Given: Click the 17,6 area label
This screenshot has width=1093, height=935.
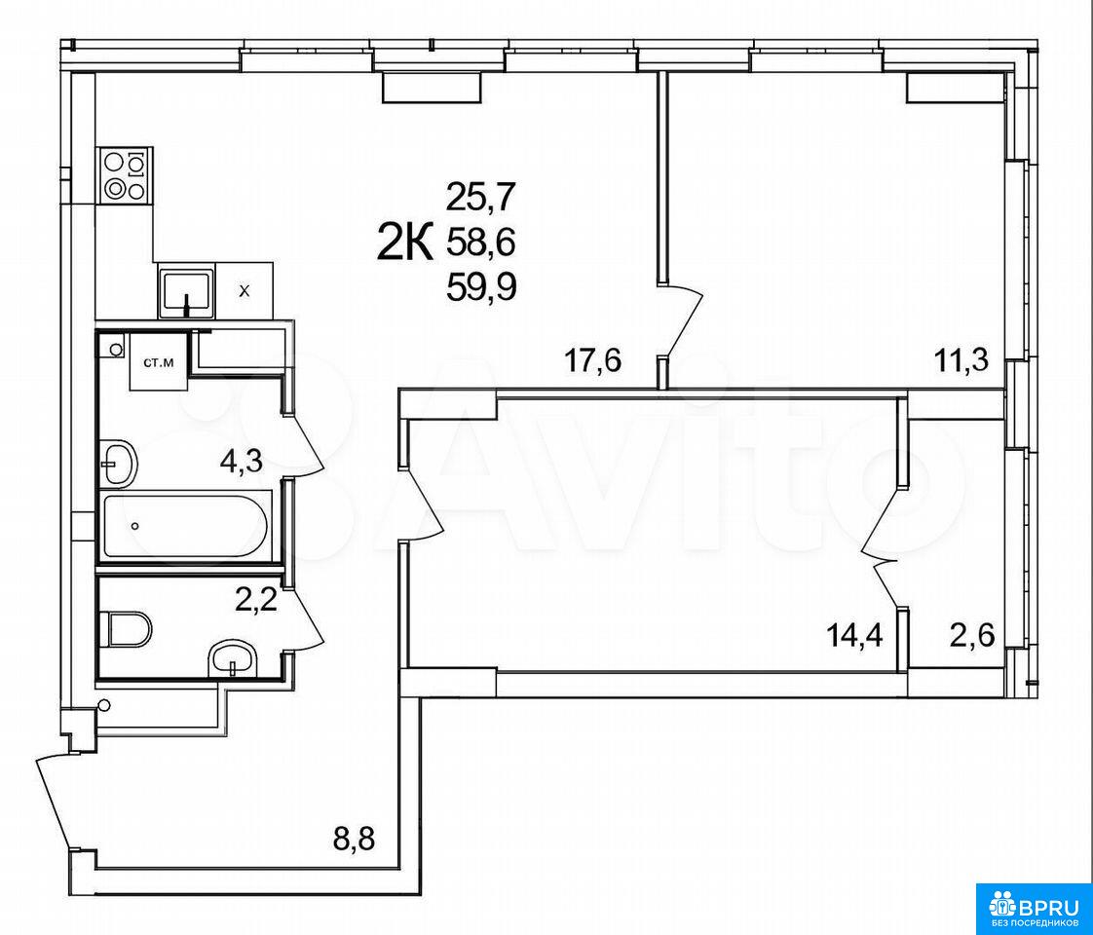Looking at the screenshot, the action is coord(592,362).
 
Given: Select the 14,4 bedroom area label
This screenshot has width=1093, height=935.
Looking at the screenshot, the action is coord(855,635).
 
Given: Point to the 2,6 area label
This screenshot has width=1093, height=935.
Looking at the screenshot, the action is coord(972,635).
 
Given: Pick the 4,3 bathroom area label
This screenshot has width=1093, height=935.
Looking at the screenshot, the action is coord(241,462).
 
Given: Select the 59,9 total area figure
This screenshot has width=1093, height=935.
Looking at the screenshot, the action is coord(481,285).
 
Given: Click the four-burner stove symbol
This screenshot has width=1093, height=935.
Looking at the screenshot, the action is coord(124,175).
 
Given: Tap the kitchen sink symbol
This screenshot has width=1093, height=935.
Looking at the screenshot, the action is coord(185,290).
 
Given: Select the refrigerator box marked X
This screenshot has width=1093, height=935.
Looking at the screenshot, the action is coord(244,290).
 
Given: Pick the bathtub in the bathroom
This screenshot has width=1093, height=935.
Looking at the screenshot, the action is coord(185,525).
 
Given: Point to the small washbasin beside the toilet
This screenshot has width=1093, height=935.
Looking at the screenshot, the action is coord(232,657).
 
